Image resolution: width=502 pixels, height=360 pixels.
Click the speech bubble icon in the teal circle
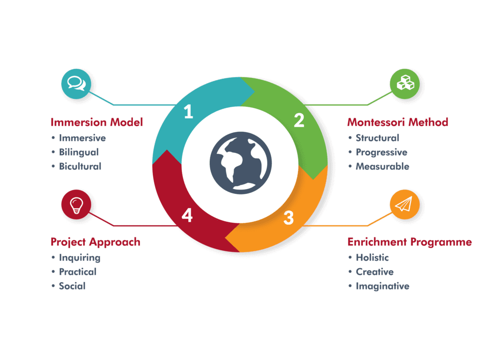76,83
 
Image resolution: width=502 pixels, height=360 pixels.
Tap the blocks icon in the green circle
405,83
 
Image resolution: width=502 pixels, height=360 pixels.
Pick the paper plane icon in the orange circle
405,205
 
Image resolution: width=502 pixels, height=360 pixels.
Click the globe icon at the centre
240,163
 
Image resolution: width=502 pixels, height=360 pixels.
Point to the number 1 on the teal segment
188,112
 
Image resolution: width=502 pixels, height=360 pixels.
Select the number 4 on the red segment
187,216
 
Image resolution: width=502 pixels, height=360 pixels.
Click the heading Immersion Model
97,122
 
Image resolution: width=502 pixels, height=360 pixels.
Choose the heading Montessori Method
398,122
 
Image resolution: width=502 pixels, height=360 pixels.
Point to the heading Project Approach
95,242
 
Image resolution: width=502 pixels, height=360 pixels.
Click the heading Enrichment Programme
410,242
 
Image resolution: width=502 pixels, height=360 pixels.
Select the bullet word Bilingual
79,152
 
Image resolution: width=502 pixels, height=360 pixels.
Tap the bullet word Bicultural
80,167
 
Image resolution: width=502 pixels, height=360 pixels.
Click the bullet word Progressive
381,152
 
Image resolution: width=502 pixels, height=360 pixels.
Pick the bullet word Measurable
382,167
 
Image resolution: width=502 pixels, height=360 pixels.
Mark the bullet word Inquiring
79,257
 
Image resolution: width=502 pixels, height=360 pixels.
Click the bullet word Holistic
372,257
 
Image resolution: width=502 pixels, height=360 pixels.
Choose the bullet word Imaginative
382,286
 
